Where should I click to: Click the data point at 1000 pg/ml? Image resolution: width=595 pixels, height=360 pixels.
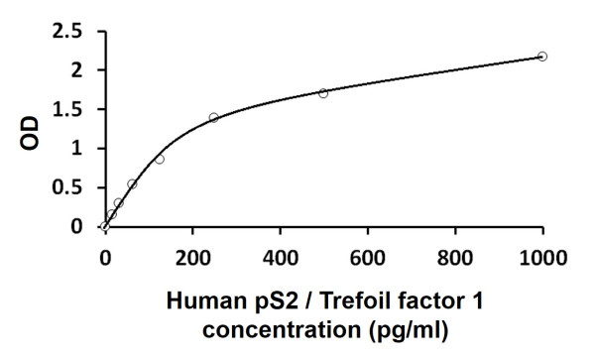[x=542, y=57]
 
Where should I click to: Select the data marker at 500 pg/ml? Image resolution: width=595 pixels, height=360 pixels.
[x=323, y=93]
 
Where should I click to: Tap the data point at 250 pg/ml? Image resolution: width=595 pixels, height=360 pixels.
[x=214, y=117]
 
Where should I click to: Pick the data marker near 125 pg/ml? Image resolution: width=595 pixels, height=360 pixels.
[x=160, y=159]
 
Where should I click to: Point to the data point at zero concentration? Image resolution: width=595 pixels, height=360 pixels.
[x=105, y=227]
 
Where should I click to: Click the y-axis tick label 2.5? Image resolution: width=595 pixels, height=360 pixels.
[x=68, y=32]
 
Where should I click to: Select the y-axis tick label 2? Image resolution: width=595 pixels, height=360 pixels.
[x=76, y=70]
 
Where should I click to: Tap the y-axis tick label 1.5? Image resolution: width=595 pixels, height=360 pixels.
[x=68, y=110]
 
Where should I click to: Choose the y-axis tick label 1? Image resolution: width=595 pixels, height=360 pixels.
[x=76, y=149]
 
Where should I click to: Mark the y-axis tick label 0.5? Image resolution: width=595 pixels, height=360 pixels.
[x=68, y=188]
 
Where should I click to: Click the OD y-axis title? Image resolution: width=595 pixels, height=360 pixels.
[x=31, y=129]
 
